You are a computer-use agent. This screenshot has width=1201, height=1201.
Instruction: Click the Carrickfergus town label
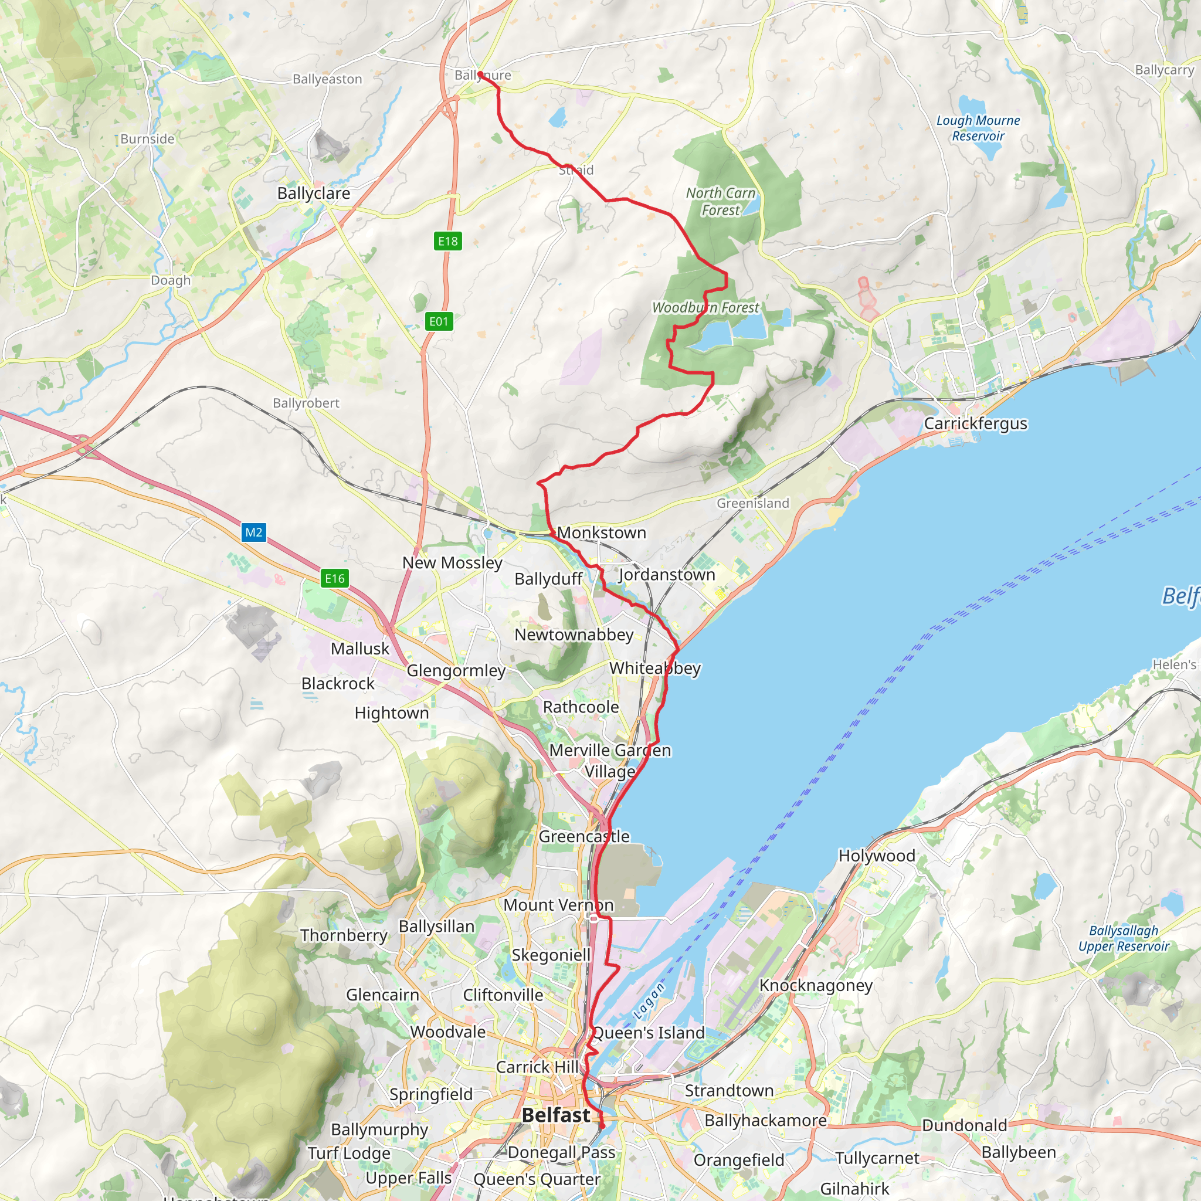[975, 423]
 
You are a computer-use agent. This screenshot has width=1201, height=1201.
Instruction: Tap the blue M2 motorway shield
[253, 532]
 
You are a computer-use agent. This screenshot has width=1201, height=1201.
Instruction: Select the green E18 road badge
[447, 241]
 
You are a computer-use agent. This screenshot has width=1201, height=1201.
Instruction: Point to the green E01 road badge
[439, 321]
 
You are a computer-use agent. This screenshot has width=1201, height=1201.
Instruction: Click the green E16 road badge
[334, 579]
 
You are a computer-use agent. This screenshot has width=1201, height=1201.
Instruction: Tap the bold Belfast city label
[556, 1115]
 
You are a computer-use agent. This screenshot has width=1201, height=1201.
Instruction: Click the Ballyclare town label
[313, 194]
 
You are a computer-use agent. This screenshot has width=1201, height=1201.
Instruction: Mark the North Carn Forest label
[721, 201]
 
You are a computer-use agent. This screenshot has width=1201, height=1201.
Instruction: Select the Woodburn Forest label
[705, 308]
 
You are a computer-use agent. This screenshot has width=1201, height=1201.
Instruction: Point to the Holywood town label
[877, 856]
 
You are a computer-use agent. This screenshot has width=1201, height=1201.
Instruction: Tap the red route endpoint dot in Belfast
[602, 1126]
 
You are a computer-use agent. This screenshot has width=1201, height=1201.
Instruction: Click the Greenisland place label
[753, 504]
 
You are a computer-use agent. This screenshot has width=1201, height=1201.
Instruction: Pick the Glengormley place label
[456, 671]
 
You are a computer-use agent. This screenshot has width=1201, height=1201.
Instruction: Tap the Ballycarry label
[1164, 70]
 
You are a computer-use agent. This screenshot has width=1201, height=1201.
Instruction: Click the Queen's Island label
[649, 1033]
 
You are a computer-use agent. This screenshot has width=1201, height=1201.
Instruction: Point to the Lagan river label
[650, 1000]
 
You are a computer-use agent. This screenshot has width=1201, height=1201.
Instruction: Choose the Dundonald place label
[964, 1125]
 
